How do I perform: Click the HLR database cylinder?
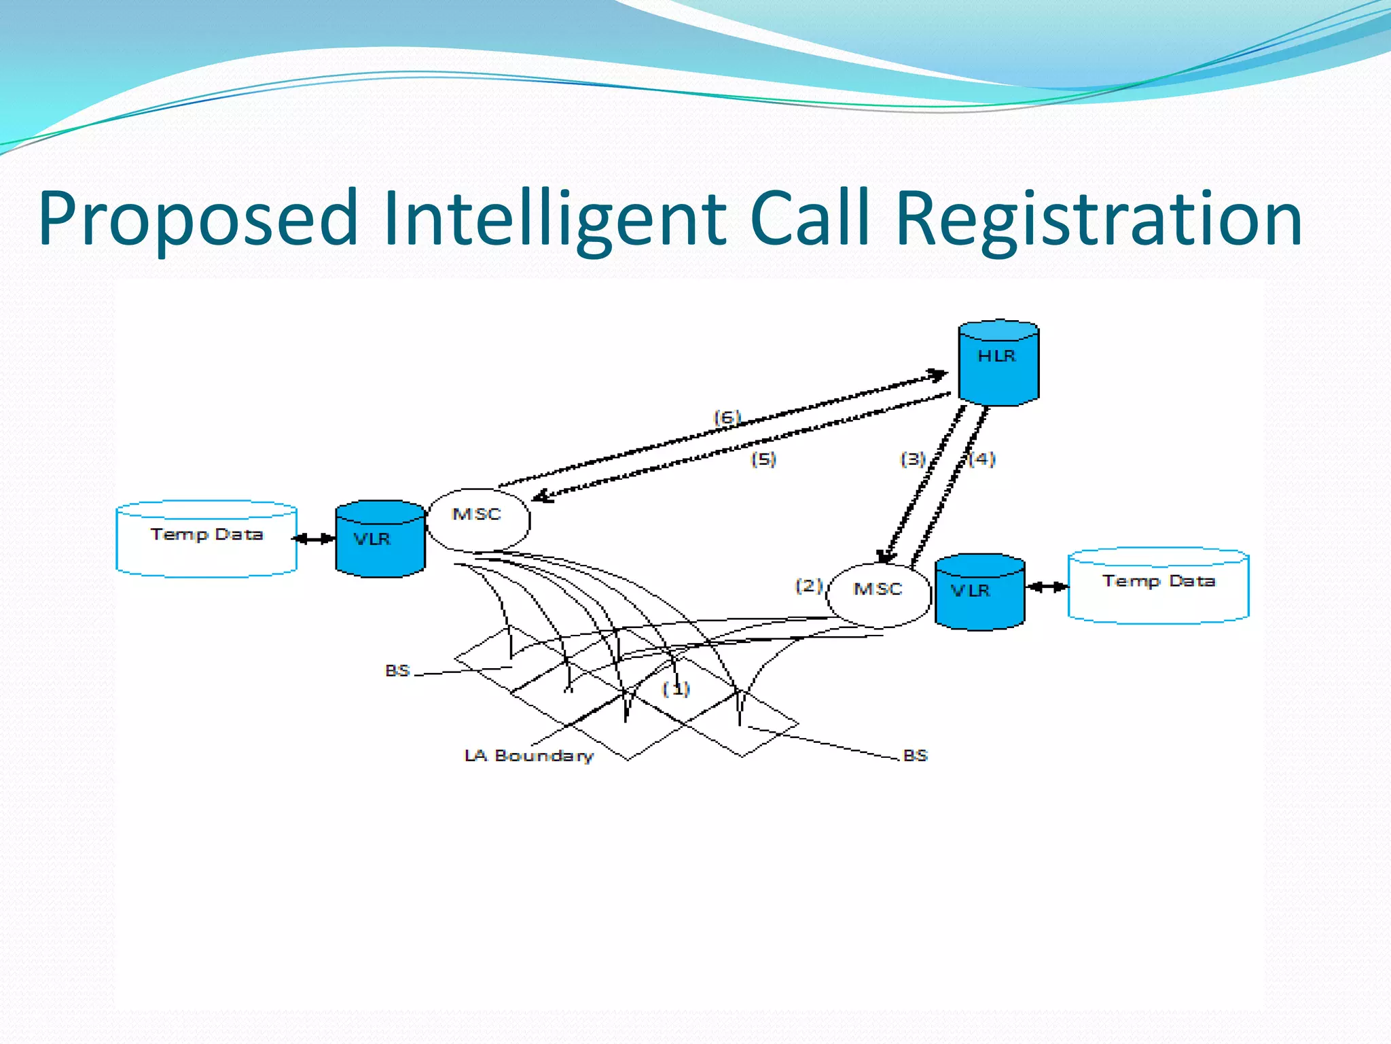tap(998, 363)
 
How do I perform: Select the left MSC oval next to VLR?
tap(477, 519)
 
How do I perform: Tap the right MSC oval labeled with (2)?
tap(878, 593)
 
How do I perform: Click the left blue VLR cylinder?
tap(380, 539)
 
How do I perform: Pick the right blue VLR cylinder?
tap(979, 591)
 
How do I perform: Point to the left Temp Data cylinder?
tap(206, 539)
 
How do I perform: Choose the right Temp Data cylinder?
tap(1158, 585)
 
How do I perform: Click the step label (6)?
tap(727, 417)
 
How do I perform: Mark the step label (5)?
tap(763, 459)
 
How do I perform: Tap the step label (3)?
tap(913, 459)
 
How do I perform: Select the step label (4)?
tap(982, 459)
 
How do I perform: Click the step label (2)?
tap(809, 585)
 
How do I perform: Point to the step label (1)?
tap(676, 689)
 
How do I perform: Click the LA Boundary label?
tap(529, 756)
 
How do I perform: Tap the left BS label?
tap(397, 671)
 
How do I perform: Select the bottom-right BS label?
tap(916, 756)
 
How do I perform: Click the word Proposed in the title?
tap(198, 219)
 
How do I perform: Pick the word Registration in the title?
tap(1098, 219)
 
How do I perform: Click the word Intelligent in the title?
tap(554, 219)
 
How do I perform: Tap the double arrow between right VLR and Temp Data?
tap(1047, 587)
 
